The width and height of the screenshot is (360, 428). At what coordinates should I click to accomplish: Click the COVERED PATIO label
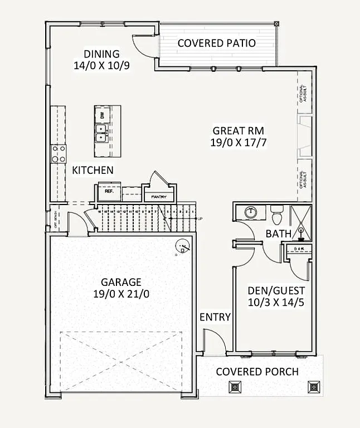216,43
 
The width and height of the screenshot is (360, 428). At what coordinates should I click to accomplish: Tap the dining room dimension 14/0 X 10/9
101,65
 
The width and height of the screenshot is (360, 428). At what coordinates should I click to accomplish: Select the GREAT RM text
238,130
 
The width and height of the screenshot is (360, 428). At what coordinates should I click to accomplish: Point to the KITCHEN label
93,170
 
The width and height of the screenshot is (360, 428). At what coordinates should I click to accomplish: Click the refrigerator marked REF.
109,191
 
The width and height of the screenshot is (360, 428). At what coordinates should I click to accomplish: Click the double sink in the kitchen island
101,134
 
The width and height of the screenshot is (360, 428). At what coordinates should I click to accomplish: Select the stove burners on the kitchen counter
59,154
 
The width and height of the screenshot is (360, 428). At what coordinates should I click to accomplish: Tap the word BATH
278,234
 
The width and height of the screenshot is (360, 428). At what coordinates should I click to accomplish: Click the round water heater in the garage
182,245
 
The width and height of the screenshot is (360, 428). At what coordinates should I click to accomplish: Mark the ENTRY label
215,317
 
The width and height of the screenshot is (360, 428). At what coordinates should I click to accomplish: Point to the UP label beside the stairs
200,218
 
